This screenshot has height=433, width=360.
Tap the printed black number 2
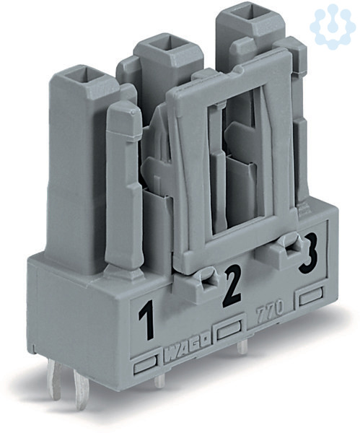[232, 286]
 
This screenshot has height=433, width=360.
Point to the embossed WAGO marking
[188, 352]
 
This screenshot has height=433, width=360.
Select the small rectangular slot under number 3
[312, 299]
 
